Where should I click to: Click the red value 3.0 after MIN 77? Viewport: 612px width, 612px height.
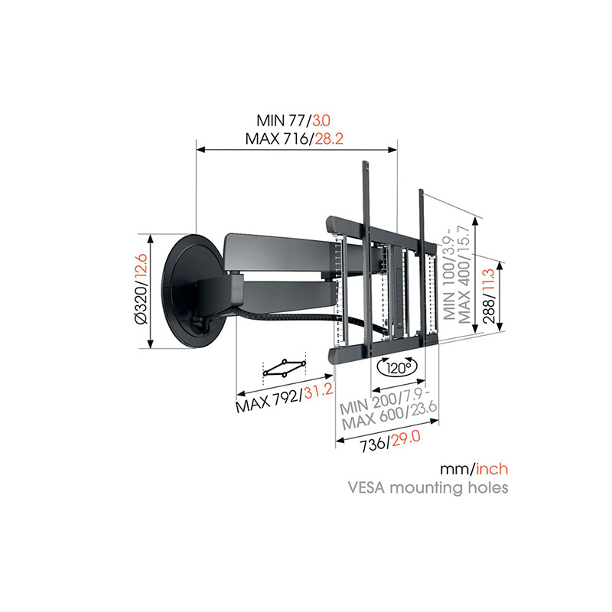click(321, 120)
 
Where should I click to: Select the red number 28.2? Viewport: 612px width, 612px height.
click(329, 138)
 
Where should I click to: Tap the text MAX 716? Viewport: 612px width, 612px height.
click(277, 138)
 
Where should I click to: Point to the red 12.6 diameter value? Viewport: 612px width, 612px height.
click(142, 267)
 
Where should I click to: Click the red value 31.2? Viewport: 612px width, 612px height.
click(319, 390)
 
